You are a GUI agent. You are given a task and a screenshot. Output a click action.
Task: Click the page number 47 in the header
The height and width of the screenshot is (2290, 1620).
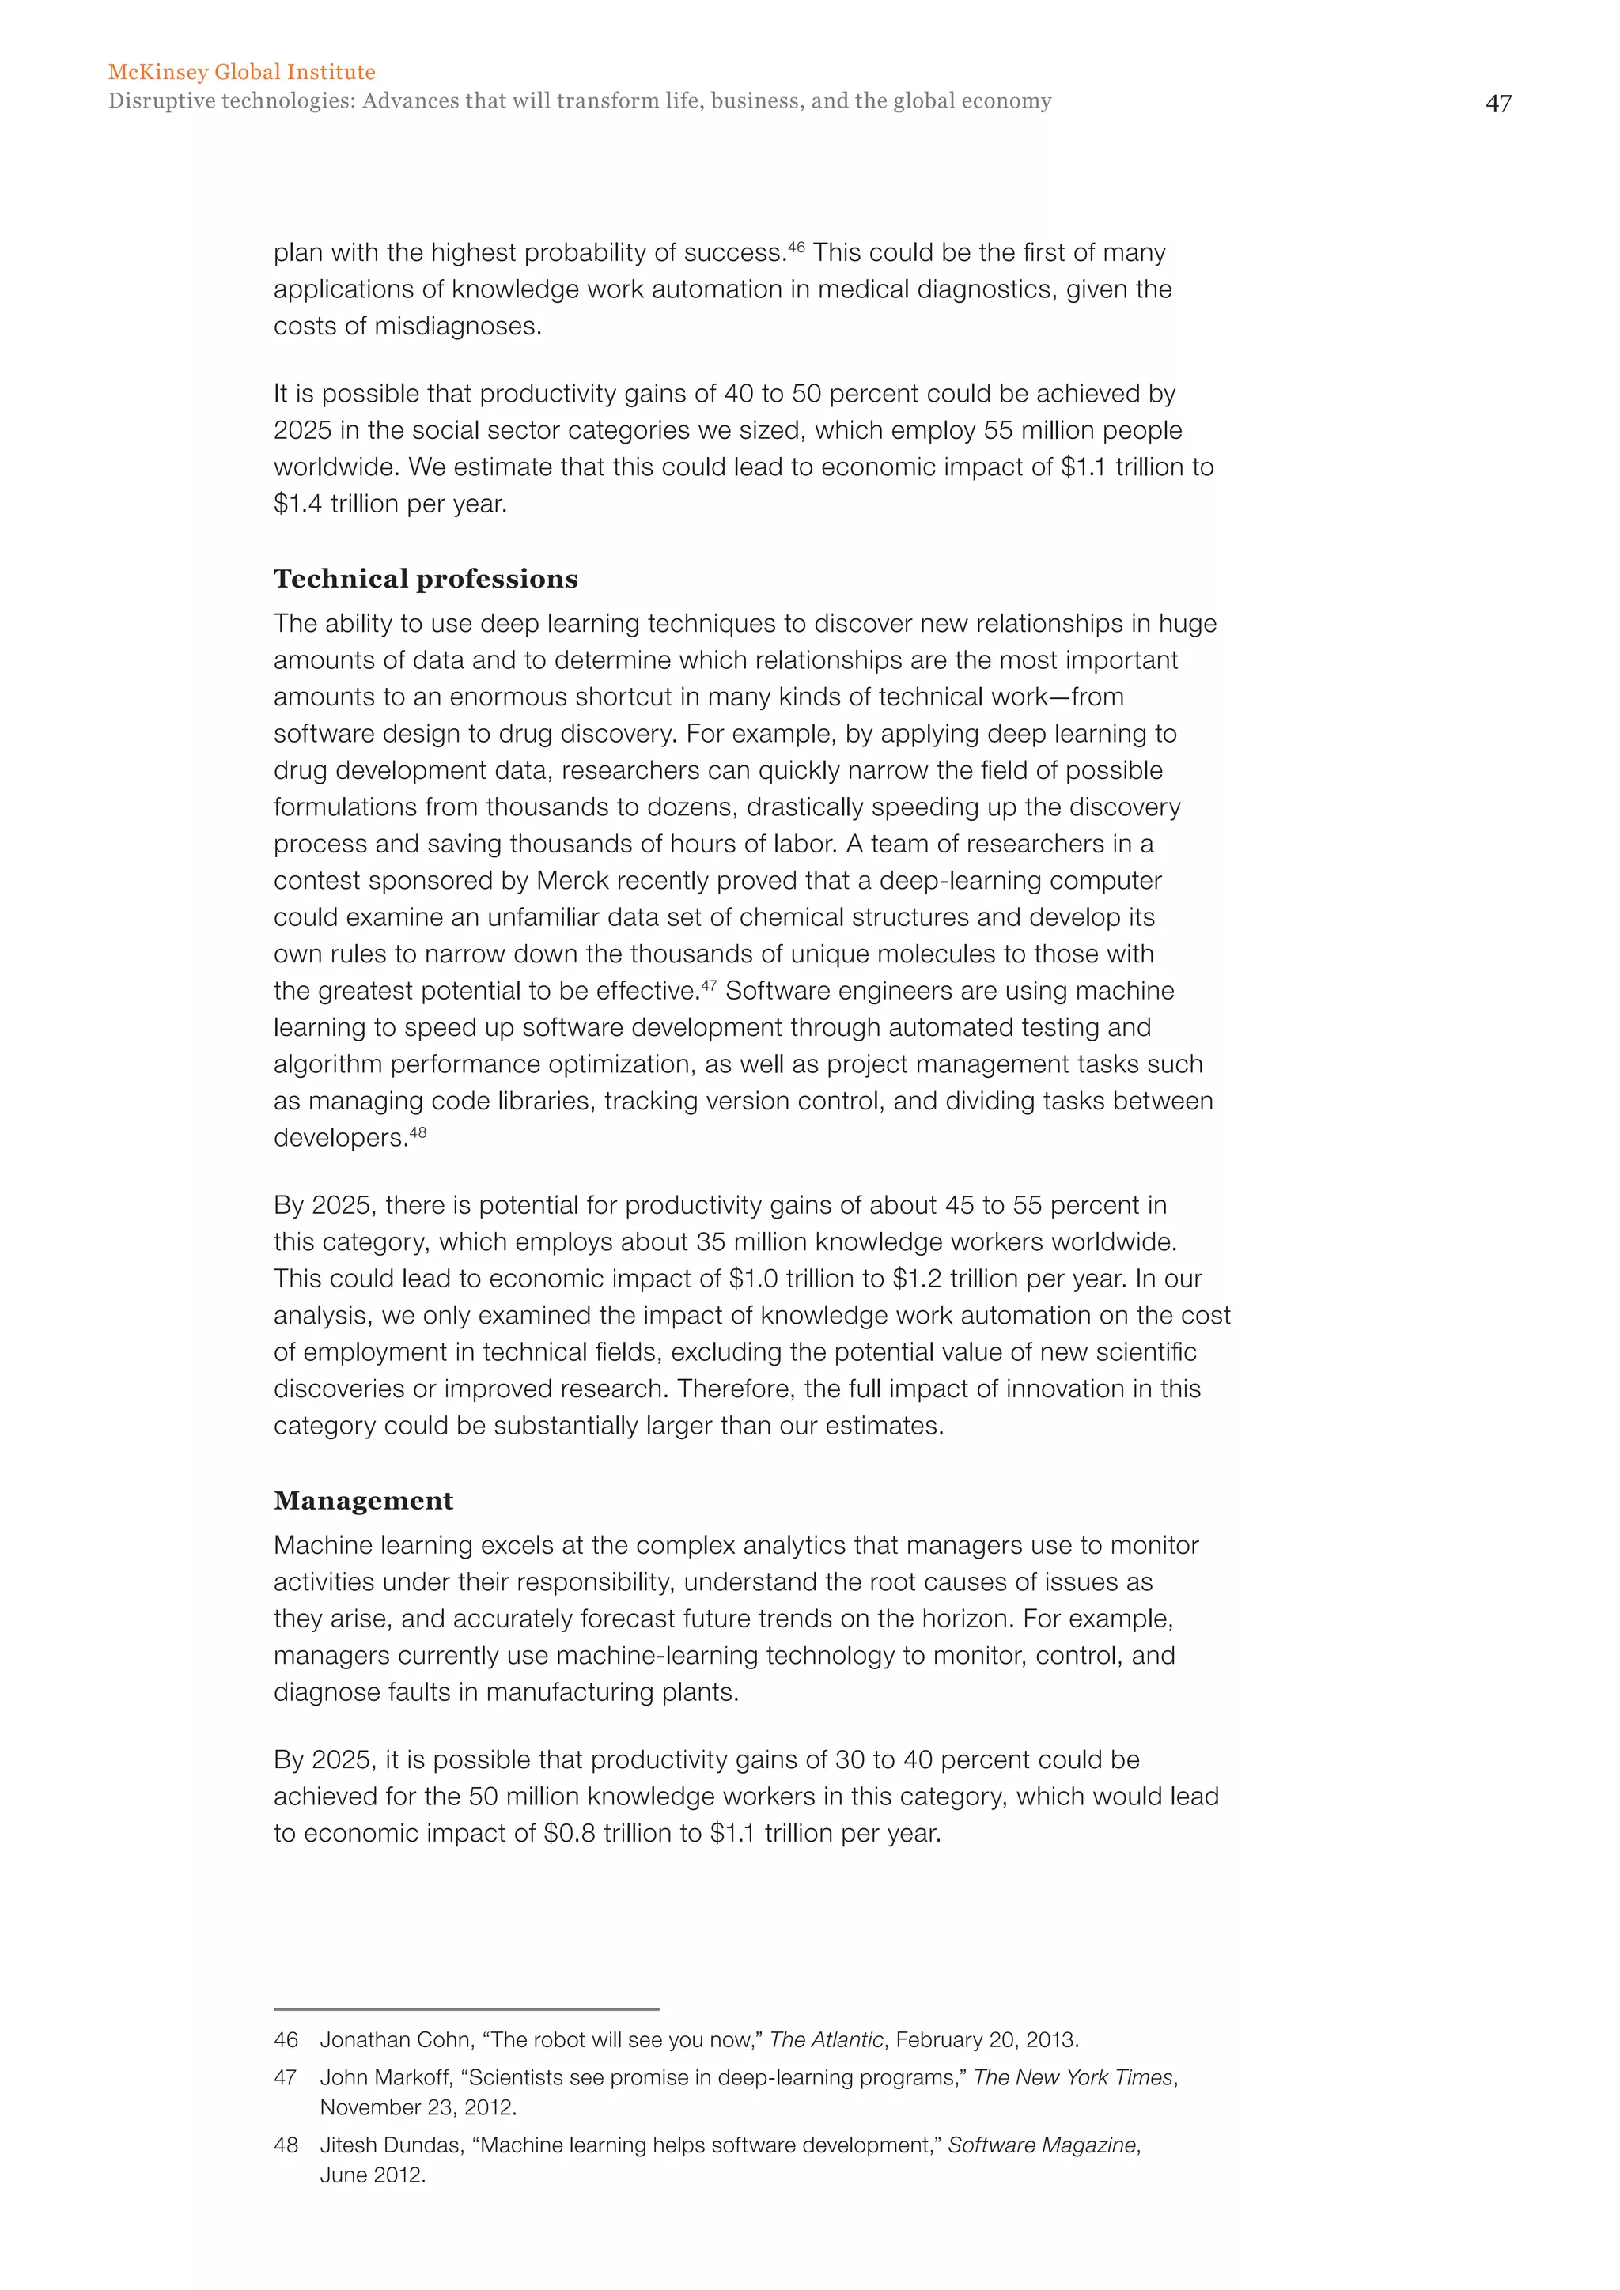1497,104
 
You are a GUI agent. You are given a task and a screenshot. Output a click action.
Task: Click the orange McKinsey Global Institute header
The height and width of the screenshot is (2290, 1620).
241,72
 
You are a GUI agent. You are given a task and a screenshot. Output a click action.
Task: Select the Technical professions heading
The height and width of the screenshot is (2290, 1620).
426,580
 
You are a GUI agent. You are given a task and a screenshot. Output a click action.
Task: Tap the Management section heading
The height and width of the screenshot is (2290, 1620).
363,1501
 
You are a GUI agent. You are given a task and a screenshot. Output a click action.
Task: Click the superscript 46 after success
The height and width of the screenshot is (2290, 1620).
796,245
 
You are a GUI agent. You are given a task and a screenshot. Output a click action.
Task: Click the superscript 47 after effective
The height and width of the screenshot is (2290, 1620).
708,984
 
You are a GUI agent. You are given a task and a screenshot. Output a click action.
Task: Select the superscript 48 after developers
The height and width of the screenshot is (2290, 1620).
418,1132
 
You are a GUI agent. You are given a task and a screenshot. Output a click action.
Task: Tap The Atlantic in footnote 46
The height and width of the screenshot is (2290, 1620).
826,2039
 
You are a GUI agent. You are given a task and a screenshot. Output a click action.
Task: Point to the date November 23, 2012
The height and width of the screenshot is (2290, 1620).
417,2107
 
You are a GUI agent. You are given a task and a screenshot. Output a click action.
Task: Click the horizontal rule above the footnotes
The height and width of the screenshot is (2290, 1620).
466,2008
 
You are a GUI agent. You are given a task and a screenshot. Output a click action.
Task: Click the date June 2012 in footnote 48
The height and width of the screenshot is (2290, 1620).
371,2175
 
